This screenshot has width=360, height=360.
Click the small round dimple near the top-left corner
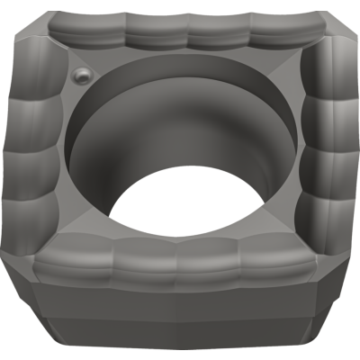click(82, 75)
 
